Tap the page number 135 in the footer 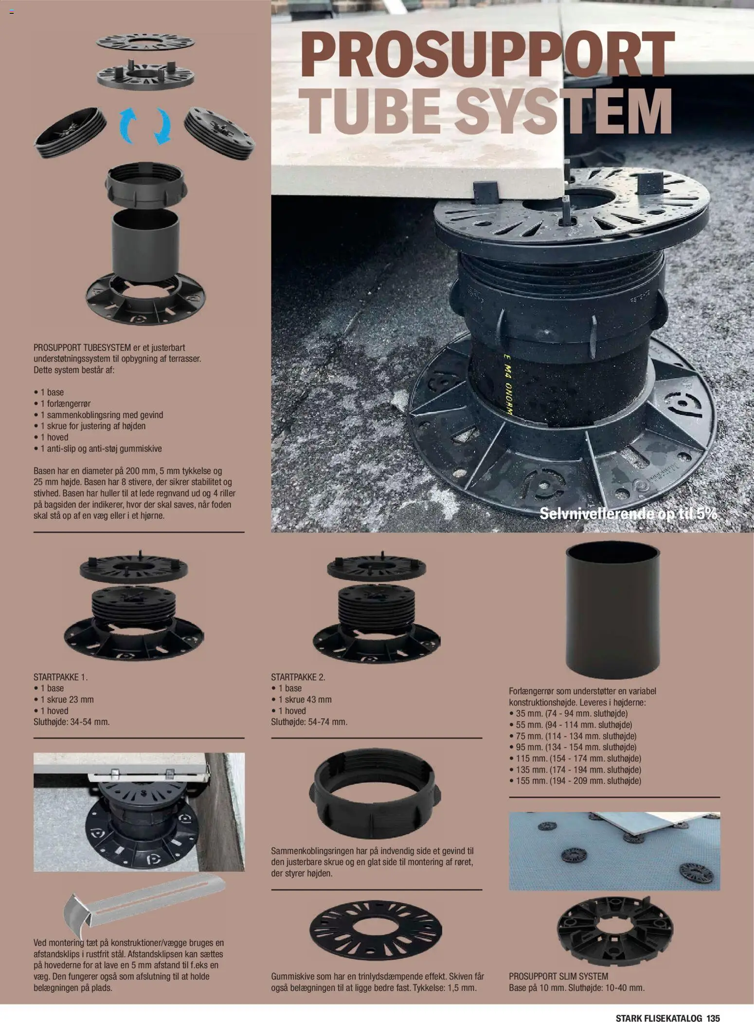[x=713, y=1004]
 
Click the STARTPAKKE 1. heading [x=61, y=677]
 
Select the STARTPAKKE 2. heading [x=298, y=677]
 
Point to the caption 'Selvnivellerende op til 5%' [x=628, y=513]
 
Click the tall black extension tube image [x=612, y=609]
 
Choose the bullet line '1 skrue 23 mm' [x=64, y=699]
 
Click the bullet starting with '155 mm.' [x=575, y=781]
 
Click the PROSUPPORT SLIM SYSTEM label [x=558, y=976]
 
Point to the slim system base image [x=613, y=932]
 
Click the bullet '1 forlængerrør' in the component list [x=62, y=403]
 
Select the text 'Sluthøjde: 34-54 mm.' [x=72, y=722]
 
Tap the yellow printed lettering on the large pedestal [x=506, y=384]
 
